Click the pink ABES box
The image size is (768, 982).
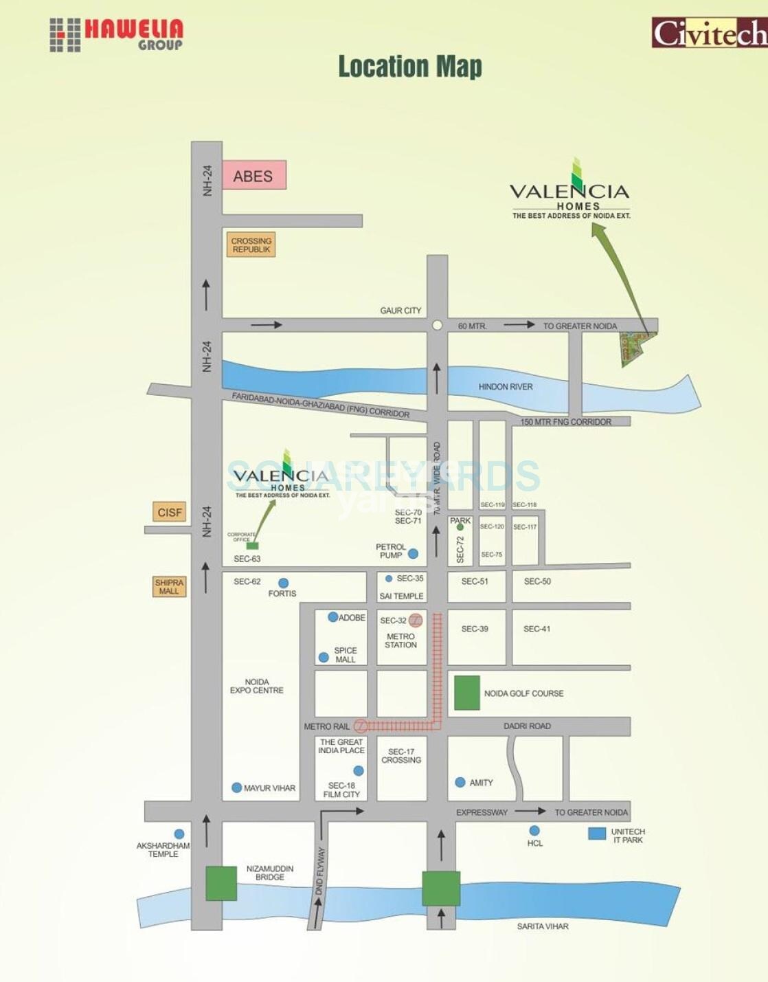pyautogui.click(x=253, y=176)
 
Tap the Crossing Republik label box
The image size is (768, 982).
pyautogui.click(x=251, y=245)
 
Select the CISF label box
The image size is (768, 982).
pyautogui.click(x=170, y=512)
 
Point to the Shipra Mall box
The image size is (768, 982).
pyautogui.click(x=169, y=586)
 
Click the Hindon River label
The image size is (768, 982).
pyautogui.click(x=506, y=387)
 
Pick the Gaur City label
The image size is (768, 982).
pyautogui.click(x=400, y=311)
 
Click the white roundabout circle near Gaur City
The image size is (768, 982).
pyautogui.click(x=437, y=325)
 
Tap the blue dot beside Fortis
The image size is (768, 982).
pyautogui.click(x=283, y=583)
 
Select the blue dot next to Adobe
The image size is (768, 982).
pyautogui.click(x=332, y=617)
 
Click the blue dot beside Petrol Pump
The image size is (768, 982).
pyautogui.click(x=413, y=553)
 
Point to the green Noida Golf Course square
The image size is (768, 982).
pyautogui.click(x=467, y=693)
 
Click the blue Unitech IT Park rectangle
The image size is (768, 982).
pyautogui.click(x=597, y=834)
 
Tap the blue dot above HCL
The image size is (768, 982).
pyautogui.click(x=534, y=830)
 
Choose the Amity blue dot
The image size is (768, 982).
pyautogui.click(x=460, y=782)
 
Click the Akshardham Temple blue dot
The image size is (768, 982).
pyautogui.click(x=179, y=834)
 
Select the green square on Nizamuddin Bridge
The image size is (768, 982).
pyautogui.click(x=221, y=884)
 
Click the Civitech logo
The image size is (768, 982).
pyautogui.click(x=709, y=32)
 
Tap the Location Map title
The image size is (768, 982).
pyautogui.click(x=410, y=67)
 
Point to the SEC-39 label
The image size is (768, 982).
pyautogui.click(x=475, y=629)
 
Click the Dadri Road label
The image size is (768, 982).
pyautogui.click(x=527, y=726)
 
